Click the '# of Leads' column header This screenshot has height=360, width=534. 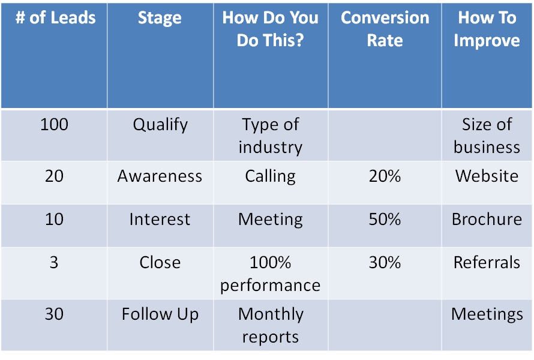pos(56,17)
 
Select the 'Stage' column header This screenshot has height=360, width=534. pos(160,18)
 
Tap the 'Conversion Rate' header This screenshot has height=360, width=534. pos(385,29)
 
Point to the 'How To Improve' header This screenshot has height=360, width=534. pos(487,29)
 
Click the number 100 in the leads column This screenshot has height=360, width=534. pos(54,124)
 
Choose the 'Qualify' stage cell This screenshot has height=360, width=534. pos(160,125)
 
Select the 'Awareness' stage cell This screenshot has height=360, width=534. pos(160,176)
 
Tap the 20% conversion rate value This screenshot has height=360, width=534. pos(385,176)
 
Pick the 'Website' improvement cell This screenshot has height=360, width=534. pos(487,176)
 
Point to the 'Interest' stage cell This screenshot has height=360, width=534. pos(160,220)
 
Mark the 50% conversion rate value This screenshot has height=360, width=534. pos(385,220)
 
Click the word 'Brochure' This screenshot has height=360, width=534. pos(487,220)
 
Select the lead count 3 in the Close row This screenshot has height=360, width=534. pos(54,263)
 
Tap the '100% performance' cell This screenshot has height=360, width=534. pos(271,274)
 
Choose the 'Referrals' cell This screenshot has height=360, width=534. pos(487,263)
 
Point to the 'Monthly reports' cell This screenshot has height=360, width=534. pos(271,326)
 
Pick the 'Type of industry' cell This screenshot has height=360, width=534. pos(271,136)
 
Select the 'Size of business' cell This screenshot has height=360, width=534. pos(487,136)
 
